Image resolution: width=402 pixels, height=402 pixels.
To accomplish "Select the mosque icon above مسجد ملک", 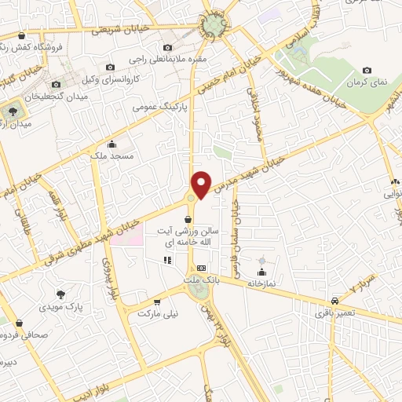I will [x=111, y=144].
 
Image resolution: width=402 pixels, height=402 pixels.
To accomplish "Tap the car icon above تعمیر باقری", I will [x=335, y=301].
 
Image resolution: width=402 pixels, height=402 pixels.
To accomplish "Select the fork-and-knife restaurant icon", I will [x=166, y=260].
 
